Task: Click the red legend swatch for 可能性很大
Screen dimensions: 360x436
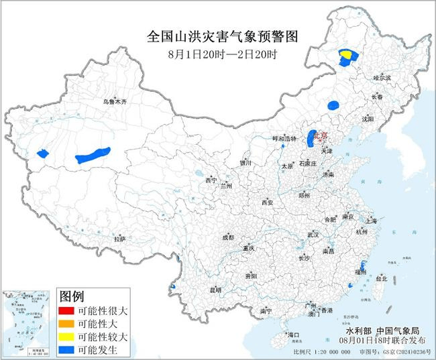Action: pos(67,310)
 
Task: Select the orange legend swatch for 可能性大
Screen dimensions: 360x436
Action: pos(67,323)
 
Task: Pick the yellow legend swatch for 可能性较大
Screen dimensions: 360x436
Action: pos(67,336)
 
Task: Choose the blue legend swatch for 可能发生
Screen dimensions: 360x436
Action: pos(67,349)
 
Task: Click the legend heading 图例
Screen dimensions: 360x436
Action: pos(72,296)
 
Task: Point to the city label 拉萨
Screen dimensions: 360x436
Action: pos(119,238)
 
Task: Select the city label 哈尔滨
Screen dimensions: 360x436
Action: pos(381,78)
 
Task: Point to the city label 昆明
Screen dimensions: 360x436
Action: pos(215,290)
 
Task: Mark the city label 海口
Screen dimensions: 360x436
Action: pos(292,334)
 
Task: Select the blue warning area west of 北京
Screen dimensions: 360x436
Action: pos(311,140)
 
